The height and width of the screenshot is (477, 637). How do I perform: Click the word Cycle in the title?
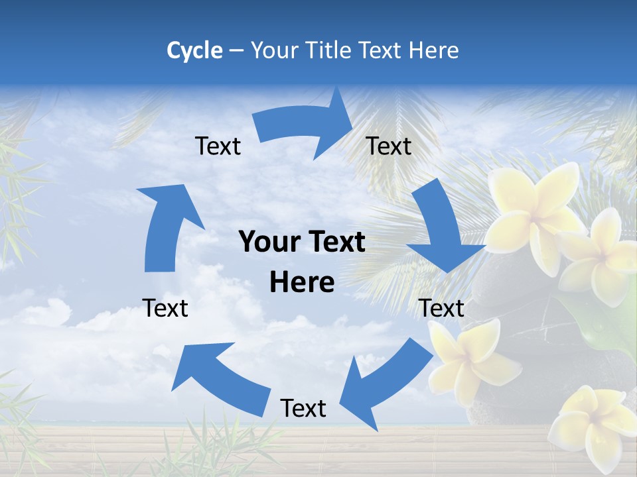tap(194, 50)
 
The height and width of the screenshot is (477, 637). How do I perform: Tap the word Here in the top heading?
tap(432, 50)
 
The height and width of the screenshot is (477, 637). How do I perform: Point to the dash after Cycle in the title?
tap(236, 51)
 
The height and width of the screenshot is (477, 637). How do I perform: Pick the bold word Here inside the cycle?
tap(302, 283)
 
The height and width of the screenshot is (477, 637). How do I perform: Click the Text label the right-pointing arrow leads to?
tap(389, 146)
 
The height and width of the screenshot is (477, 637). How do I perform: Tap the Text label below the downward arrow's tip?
tap(442, 309)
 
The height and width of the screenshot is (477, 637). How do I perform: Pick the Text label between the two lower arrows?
tap(303, 409)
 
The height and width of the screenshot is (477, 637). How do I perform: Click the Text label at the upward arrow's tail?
tap(165, 309)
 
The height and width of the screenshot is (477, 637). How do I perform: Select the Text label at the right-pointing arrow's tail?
tap(218, 146)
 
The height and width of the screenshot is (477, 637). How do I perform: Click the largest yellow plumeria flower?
tap(534, 212)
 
